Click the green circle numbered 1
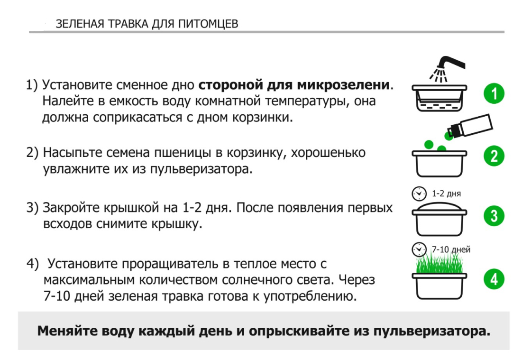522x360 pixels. pyautogui.click(x=494, y=93)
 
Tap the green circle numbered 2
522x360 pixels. pyautogui.click(x=494, y=156)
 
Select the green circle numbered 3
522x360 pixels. pyautogui.click(x=494, y=216)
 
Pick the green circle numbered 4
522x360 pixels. pyautogui.click(x=494, y=279)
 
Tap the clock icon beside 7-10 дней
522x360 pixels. pyautogui.click(x=419, y=249)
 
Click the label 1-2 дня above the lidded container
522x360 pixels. pyautogui.click(x=446, y=194)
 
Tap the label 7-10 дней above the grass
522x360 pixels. pyautogui.click(x=451, y=249)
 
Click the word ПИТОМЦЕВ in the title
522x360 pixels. pyautogui.click(x=208, y=24)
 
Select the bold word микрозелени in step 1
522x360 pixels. pyautogui.click(x=343, y=85)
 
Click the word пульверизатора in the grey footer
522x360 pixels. pyautogui.click(x=432, y=331)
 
